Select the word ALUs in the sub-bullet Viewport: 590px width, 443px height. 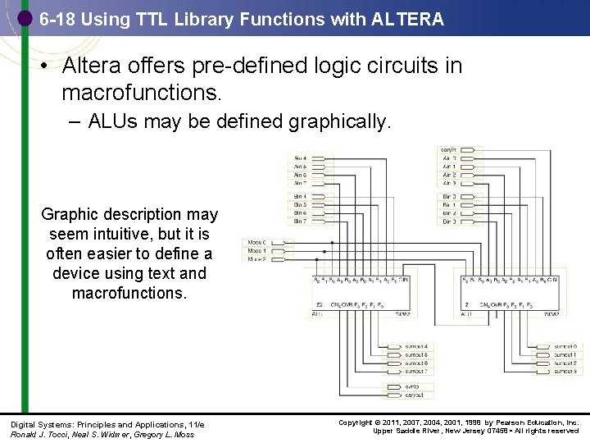(114, 122)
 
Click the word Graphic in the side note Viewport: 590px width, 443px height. (70, 215)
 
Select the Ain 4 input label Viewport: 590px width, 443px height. (300, 158)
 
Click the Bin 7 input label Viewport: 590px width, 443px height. (300, 221)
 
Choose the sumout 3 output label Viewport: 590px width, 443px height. (565, 371)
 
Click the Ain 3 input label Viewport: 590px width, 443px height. (449, 183)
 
